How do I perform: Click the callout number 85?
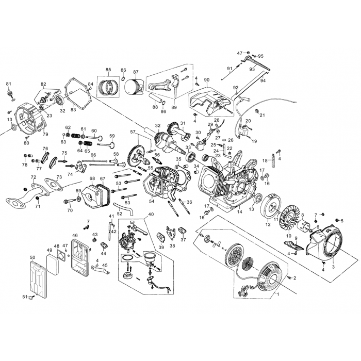pos(108,70)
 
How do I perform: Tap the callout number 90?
pos(206,80)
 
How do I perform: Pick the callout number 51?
pos(24,297)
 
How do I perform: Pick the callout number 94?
pos(263,80)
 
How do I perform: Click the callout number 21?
pos(262,114)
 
